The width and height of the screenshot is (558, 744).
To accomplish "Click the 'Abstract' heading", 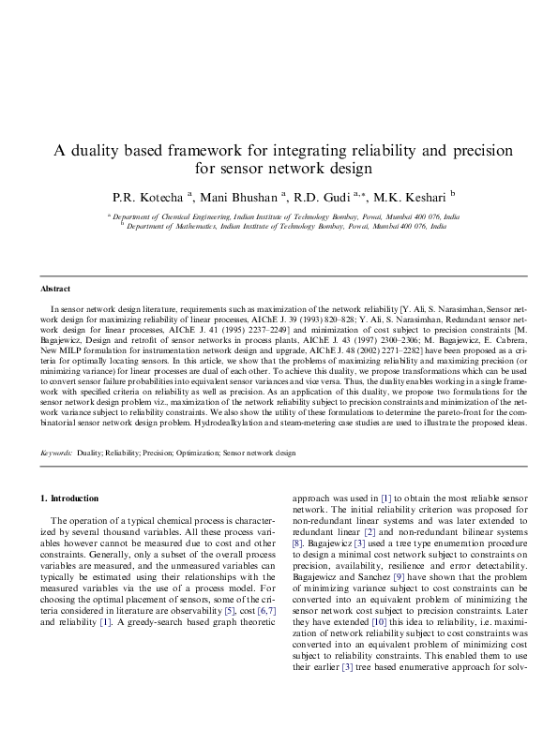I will pos(55,289).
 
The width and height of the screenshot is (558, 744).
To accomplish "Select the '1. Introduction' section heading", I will pos(70,497).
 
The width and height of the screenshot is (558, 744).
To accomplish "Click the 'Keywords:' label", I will pos(56,453).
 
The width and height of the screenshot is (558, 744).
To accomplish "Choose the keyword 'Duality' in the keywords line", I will pos(90,453).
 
